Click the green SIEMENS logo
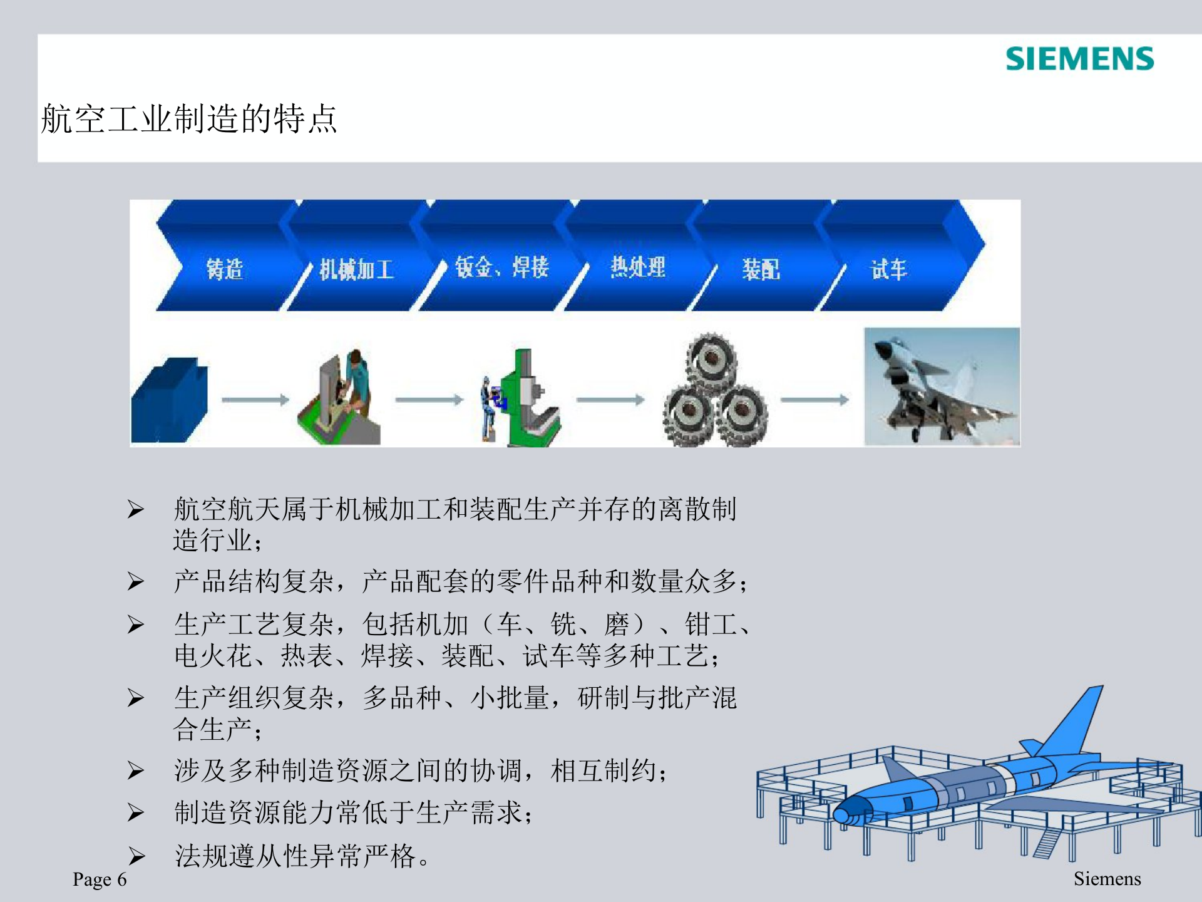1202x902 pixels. [x=1079, y=59]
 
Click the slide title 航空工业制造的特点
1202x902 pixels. [x=189, y=119]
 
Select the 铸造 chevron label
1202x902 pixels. [x=225, y=269]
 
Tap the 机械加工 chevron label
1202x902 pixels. [x=356, y=269]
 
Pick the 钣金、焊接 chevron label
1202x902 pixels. [x=501, y=267]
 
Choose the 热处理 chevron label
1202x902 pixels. [x=638, y=267]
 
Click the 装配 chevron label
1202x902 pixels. [x=761, y=269]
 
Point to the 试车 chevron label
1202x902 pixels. [x=888, y=269]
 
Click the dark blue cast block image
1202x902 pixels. [x=169, y=401]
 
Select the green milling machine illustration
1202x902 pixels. [x=529, y=401]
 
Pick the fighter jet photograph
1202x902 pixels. [x=942, y=386]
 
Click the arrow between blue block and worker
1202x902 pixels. [x=255, y=400]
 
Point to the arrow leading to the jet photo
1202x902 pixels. [x=814, y=400]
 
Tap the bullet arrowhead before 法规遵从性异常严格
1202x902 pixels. [x=136, y=856]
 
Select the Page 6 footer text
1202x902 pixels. [x=100, y=879]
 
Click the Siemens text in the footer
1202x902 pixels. [x=1107, y=879]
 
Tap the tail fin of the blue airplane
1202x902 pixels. [x=1077, y=720]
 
